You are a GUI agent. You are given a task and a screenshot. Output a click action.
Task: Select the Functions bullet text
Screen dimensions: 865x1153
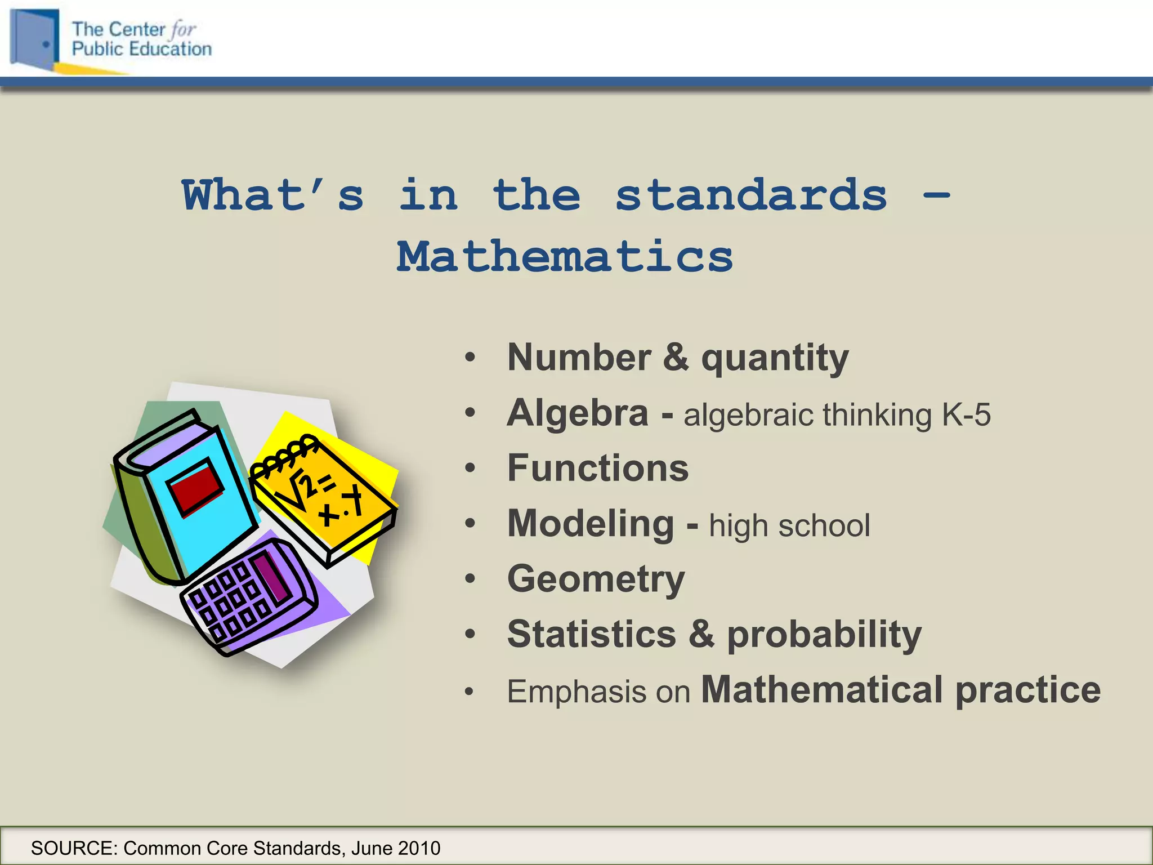(598, 468)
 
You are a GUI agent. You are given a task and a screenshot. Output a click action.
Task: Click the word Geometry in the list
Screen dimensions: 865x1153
(596, 579)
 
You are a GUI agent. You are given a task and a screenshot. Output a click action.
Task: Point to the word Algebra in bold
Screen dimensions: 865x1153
(578, 413)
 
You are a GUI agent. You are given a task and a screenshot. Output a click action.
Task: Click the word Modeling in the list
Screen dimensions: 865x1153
(591, 524)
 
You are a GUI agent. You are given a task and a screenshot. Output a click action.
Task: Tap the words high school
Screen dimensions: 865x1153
(789, 525)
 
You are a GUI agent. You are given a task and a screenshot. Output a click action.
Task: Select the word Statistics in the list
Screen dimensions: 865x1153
(591, 634)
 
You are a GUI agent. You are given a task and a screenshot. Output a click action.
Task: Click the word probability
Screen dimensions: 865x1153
(824, 635)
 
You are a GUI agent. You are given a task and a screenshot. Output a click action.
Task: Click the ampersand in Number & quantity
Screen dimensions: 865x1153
(676, 357)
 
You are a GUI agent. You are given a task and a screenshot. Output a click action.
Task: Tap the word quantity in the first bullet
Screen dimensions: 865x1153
(775, 358)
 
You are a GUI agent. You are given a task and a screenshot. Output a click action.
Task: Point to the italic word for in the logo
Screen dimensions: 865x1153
(183, 29)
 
